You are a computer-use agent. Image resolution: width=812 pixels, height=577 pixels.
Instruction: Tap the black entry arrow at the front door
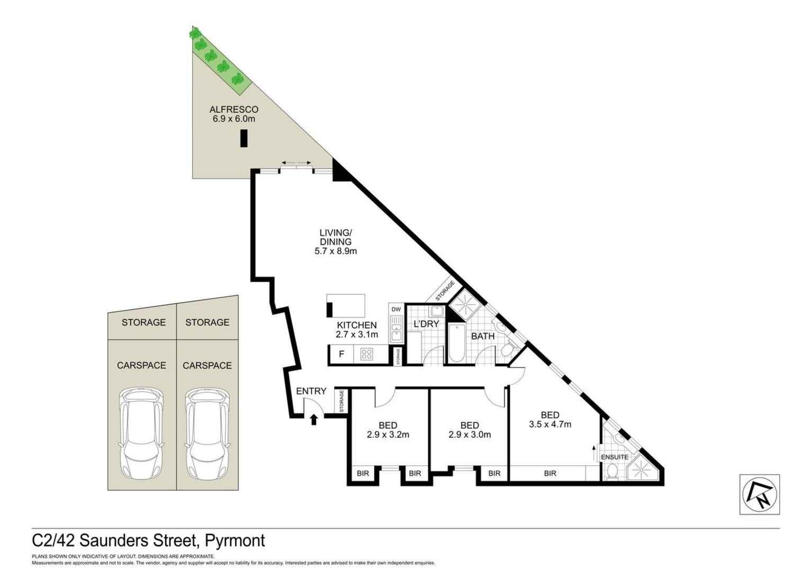(314, 420)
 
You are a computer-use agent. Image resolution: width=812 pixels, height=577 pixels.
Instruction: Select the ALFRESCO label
(234, 109)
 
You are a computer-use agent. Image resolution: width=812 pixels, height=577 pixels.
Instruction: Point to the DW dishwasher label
(396, 309)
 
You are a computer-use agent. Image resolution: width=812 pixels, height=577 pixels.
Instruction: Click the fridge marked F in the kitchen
(341, 354)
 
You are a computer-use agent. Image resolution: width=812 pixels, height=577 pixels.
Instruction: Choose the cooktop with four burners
(367, 354)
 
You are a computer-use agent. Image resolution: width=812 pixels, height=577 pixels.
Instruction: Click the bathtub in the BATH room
(457, 343)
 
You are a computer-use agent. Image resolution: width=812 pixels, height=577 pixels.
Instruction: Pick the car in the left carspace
(141, 433)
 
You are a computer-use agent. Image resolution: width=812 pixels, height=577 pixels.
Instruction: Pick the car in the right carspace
(207, 433)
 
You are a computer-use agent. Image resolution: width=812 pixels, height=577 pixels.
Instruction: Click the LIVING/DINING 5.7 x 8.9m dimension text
(336, 251)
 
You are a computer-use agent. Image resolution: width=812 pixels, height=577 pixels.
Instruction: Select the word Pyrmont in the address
(235, 541)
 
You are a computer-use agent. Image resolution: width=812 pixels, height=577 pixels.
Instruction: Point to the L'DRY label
(426, 323)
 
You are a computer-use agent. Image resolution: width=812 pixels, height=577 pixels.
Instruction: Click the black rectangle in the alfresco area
(244, 138)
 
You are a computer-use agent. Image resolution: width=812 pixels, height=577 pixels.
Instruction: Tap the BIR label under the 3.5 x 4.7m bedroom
(550, 473)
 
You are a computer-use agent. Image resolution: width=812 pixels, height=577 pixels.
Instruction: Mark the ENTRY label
(311, 391)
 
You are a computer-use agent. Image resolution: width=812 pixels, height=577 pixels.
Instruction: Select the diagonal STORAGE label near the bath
(445, 291)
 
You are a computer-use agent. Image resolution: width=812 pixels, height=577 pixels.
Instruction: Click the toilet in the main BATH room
(506, 349)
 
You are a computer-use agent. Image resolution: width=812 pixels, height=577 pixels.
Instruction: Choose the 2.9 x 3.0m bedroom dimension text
(470, 434)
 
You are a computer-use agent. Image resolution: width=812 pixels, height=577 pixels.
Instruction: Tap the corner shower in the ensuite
(642, 469)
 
